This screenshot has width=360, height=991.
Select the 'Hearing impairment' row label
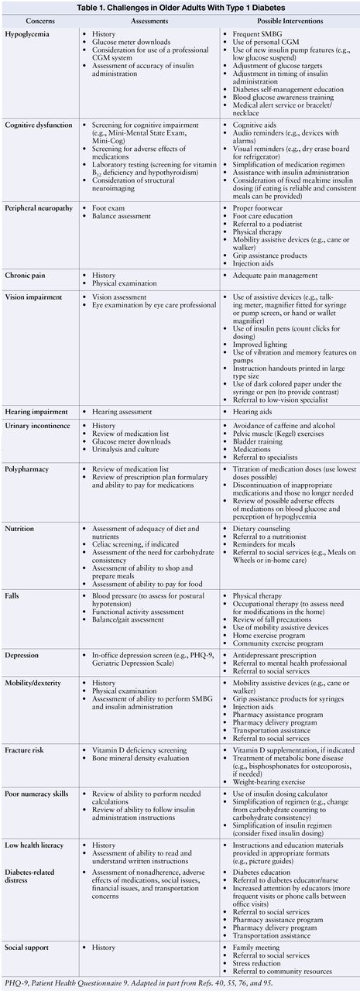click(36, 411)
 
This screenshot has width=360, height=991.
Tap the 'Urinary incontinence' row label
click(38, 426)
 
